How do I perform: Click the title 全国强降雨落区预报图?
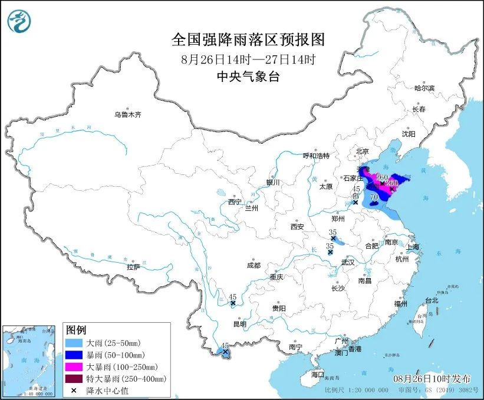click(248, 39)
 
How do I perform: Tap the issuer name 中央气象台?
click(248, 75)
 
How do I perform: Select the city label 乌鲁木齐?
click(128, 114)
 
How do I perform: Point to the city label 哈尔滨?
click(424, 88)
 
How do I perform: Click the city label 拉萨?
click(133, 267)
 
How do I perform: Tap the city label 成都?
click(253, 265)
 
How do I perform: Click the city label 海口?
click(318, 374)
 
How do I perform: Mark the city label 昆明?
click(239, 323)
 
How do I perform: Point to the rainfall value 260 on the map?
click(381, 177)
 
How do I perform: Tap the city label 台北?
click(432, 300)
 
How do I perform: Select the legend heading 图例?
click(76, 329)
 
